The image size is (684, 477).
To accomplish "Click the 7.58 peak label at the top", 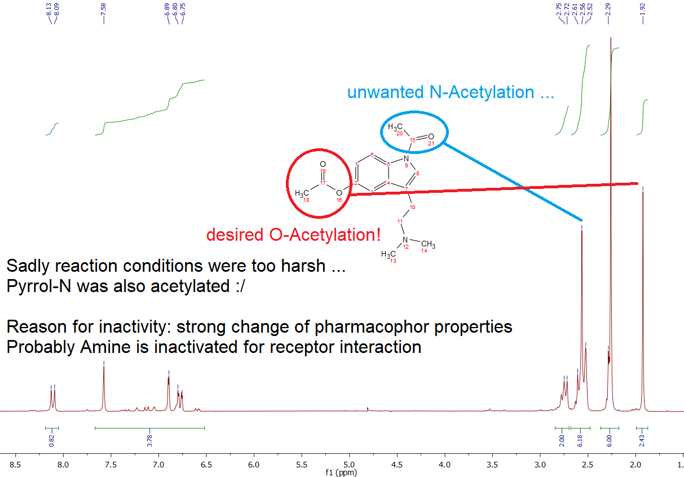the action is [103, 10].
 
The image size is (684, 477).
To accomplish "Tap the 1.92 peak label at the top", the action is [642, 10].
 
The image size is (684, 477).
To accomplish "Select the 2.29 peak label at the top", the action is [608, 10].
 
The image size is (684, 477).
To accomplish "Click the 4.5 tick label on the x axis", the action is [396, 465].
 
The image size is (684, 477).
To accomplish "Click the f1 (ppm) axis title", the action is [341, 472].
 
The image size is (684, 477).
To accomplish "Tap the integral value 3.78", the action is [149, 441].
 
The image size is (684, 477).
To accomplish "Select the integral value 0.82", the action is [51, 441].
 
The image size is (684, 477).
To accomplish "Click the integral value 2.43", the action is [642, 441].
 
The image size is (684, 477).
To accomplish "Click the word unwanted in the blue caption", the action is [385, 92].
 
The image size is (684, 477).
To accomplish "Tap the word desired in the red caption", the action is [235, 235].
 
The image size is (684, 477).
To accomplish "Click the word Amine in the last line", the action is [105, 347].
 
